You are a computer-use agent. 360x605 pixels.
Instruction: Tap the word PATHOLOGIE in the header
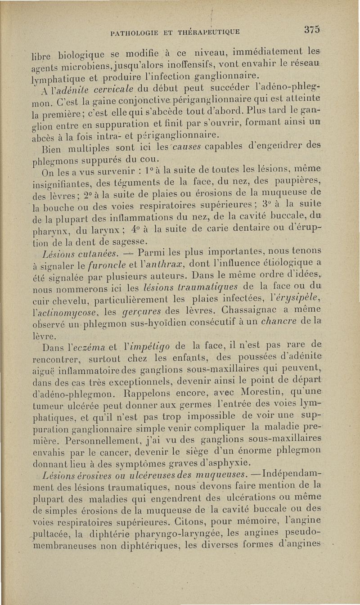pyautogui.click(x=131, y=32)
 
